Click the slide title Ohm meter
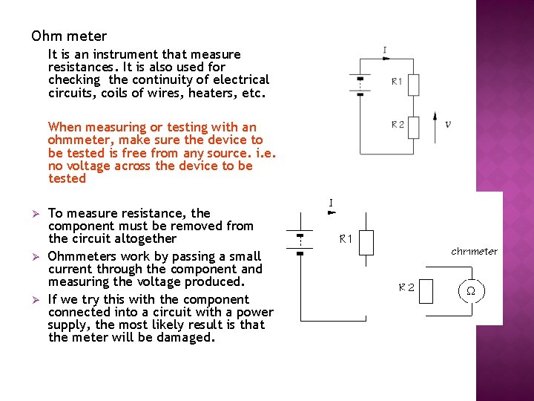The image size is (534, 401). [x=69, y=36]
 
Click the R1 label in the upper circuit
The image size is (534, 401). [x=397, y=82]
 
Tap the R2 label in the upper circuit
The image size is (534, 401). [x=398, y=125]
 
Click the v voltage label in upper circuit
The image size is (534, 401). [x=447, y=124]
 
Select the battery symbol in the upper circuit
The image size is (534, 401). [x=360, y=85]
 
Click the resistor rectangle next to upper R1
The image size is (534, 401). [x=413, y=85]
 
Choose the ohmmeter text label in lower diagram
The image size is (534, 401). [x=474, y=252]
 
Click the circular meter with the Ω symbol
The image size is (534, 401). [x=470, y=291]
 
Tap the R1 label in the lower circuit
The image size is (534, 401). [x=346, y=239]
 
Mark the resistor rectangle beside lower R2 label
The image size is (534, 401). [x=425, y=291]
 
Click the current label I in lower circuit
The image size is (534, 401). [x=330, y=203]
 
